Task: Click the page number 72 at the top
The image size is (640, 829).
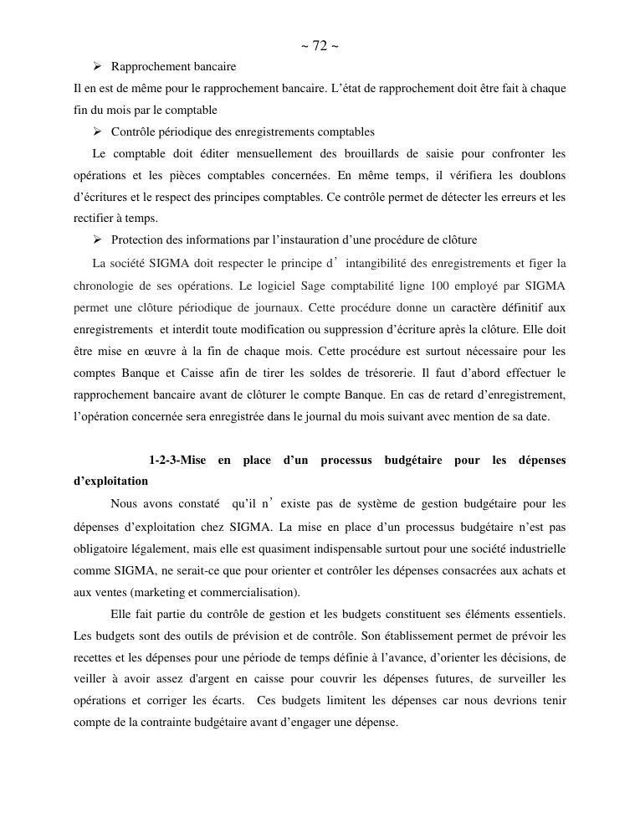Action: click(320, 46)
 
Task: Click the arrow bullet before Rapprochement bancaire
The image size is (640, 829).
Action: click(97, 66)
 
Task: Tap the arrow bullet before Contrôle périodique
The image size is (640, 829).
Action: click(97, 131)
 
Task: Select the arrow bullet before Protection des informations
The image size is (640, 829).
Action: click(97, 240)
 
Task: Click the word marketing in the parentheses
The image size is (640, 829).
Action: click(125, 593)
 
